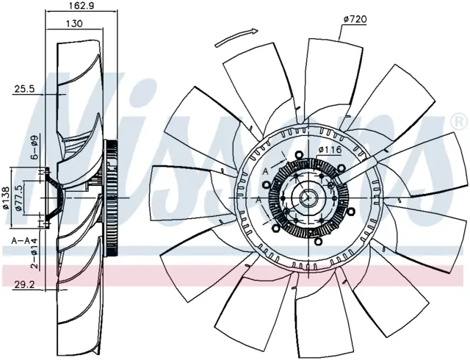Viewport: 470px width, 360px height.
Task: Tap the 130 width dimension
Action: coord(74,24)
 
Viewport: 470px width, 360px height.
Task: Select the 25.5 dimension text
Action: coord(25,89)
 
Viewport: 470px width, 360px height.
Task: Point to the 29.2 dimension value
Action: coord(24,285)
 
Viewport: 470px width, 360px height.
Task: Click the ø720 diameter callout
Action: coord(355,20)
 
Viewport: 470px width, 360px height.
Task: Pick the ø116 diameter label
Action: coord(330,149)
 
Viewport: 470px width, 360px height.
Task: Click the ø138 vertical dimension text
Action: coord(6,198)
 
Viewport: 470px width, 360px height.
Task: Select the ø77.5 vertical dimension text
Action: coord(18,198)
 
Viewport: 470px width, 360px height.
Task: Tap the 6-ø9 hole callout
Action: coord(35,147)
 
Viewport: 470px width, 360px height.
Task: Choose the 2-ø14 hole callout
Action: coord(35,253)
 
